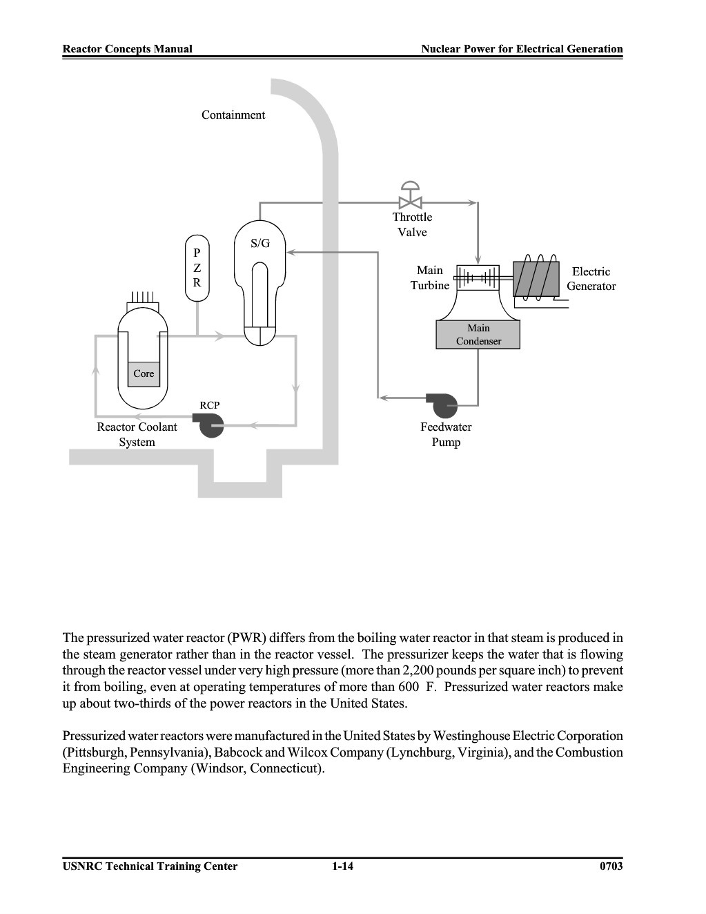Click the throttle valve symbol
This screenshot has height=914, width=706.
point(411,195)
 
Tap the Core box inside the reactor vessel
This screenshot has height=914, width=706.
point(144,374)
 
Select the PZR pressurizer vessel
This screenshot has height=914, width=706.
point(197,268)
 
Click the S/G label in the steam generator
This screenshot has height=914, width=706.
point(260,243)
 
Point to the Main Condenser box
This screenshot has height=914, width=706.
point(478,334)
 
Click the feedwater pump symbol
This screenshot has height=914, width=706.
point(442,404)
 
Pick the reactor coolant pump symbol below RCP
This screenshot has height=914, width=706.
point(208,425)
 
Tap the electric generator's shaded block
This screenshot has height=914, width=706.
point(536,279)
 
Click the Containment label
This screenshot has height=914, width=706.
point(233,115)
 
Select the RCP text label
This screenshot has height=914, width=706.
point(209,405)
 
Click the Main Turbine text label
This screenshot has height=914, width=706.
point(430,278)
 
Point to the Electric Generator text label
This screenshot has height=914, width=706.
point(591,278)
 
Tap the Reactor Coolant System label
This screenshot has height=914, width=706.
point(137,434)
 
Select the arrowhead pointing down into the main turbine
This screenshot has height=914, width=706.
point(478,260)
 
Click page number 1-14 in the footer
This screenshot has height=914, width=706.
point(343,866)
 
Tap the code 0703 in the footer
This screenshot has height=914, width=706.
point(611,866)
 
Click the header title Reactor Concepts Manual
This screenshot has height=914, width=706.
point(128,49)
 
